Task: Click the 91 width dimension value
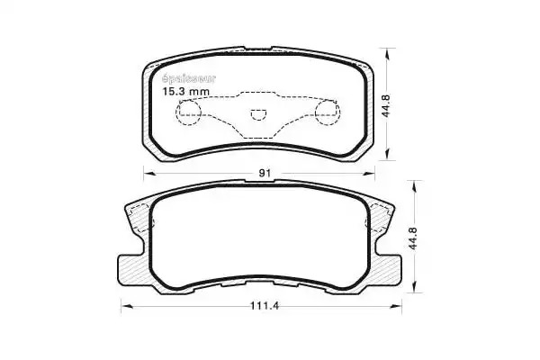coord(264,173)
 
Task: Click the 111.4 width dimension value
coord(264,306)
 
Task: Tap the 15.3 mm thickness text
coord(185,91)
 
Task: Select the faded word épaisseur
coord(188,79)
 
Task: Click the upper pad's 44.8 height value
coord(386,106)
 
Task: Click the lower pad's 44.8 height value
coord(414,238)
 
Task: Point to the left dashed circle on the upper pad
coord(188,112)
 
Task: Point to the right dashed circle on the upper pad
coord(328,112)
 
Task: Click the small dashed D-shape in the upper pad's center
coord(258,114)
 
